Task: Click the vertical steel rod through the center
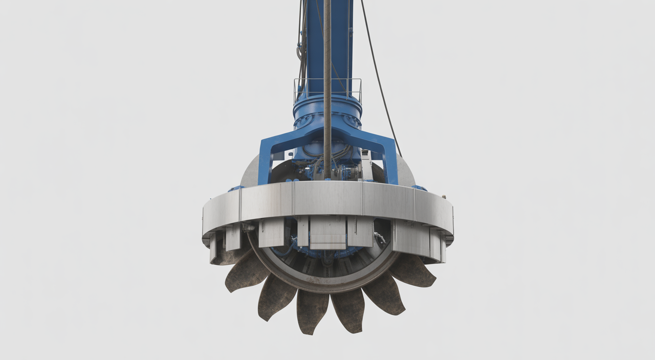coord(327,77)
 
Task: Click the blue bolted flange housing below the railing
coord(327,115)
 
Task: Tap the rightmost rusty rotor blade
coord(413,271)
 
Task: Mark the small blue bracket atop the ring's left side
coord(236,188)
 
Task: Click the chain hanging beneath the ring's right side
coord(380,238)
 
